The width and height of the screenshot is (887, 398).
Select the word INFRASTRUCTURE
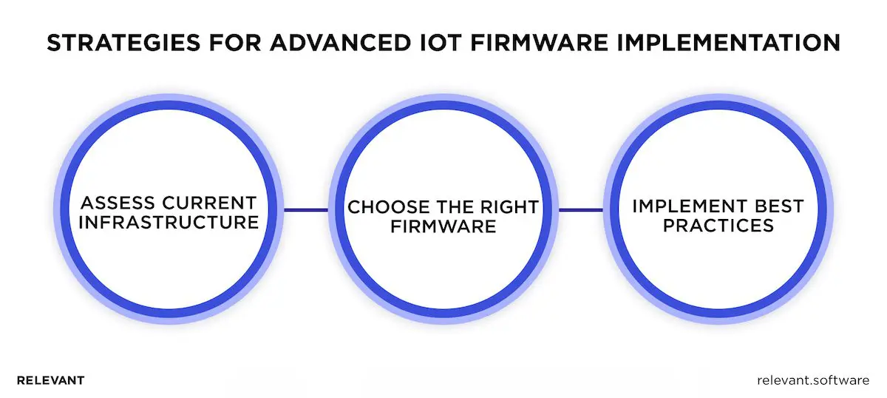pos(169,221)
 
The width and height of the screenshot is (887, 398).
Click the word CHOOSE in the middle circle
pos(384,207)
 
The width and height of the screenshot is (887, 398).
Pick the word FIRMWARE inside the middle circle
pos(443,226)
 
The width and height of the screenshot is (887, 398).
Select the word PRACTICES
pos(718,224)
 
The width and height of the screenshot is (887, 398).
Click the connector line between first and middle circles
pos(306,209)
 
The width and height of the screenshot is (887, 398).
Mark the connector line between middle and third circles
pos(580,209)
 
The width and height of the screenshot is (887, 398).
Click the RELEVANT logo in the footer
pos(50,380)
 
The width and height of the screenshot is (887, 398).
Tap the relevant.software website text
pos(813,380)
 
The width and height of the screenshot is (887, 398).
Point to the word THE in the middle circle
pos(455,207)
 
